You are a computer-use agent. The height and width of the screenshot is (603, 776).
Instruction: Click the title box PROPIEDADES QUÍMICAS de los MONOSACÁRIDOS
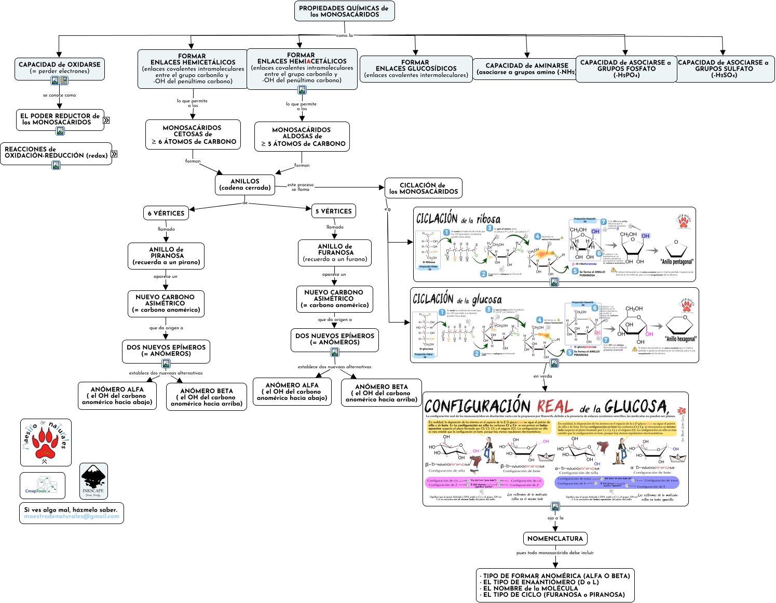coord(344,11)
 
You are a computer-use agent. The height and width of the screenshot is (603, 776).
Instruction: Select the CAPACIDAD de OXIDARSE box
coord(60,67)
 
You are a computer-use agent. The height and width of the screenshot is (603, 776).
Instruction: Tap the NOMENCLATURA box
coord(555,539)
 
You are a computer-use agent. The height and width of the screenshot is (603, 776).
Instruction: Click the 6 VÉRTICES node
coord(166,213)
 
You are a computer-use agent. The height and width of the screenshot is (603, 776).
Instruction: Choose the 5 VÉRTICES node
coord(333,211)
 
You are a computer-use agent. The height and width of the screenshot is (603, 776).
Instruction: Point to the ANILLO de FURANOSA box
coord(335,252)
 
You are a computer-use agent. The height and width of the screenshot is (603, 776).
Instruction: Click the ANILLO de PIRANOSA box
coord(166,256)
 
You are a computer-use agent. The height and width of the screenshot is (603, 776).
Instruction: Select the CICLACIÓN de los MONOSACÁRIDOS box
coord(423,188)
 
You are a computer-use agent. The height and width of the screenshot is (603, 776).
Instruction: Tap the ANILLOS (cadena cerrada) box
coord(245,184)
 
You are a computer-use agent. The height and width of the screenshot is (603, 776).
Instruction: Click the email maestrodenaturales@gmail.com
coord(72,516)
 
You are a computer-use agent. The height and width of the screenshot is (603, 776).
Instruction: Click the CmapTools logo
coord(42,485)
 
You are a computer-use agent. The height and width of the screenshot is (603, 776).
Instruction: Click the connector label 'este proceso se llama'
coord(301,187)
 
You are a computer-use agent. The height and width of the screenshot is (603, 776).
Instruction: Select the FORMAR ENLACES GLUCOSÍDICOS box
coord(415,69)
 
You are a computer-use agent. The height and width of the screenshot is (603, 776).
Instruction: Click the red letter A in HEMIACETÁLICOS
coord(308,61)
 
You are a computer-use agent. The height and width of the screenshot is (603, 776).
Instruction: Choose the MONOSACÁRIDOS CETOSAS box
coord(193,135)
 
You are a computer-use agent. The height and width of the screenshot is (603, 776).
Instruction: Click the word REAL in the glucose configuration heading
coord(554,407)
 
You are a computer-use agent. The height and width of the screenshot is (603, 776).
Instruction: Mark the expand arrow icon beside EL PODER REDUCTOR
coord(106,120)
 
